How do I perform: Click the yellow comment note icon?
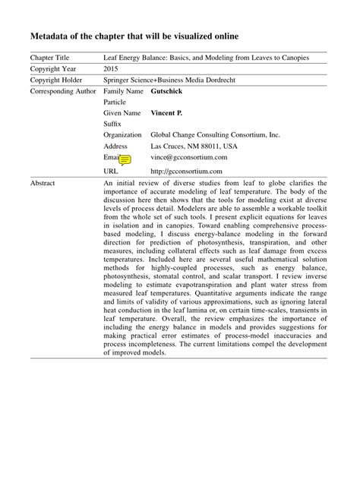[125, 159]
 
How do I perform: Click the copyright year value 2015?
[111, 68]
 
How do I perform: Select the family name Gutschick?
[166, 91]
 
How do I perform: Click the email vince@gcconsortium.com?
[188, 157]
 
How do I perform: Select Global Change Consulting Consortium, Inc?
[215, 135]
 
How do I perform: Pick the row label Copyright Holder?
[56, 80]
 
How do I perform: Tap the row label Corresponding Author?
[63, 91]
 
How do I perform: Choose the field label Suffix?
[112, 124]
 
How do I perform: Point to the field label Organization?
[123, 135]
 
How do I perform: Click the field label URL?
[111, 171]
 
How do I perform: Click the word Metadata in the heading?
[54, 36]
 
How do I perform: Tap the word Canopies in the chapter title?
[308, 58]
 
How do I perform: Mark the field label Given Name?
[123, 113]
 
